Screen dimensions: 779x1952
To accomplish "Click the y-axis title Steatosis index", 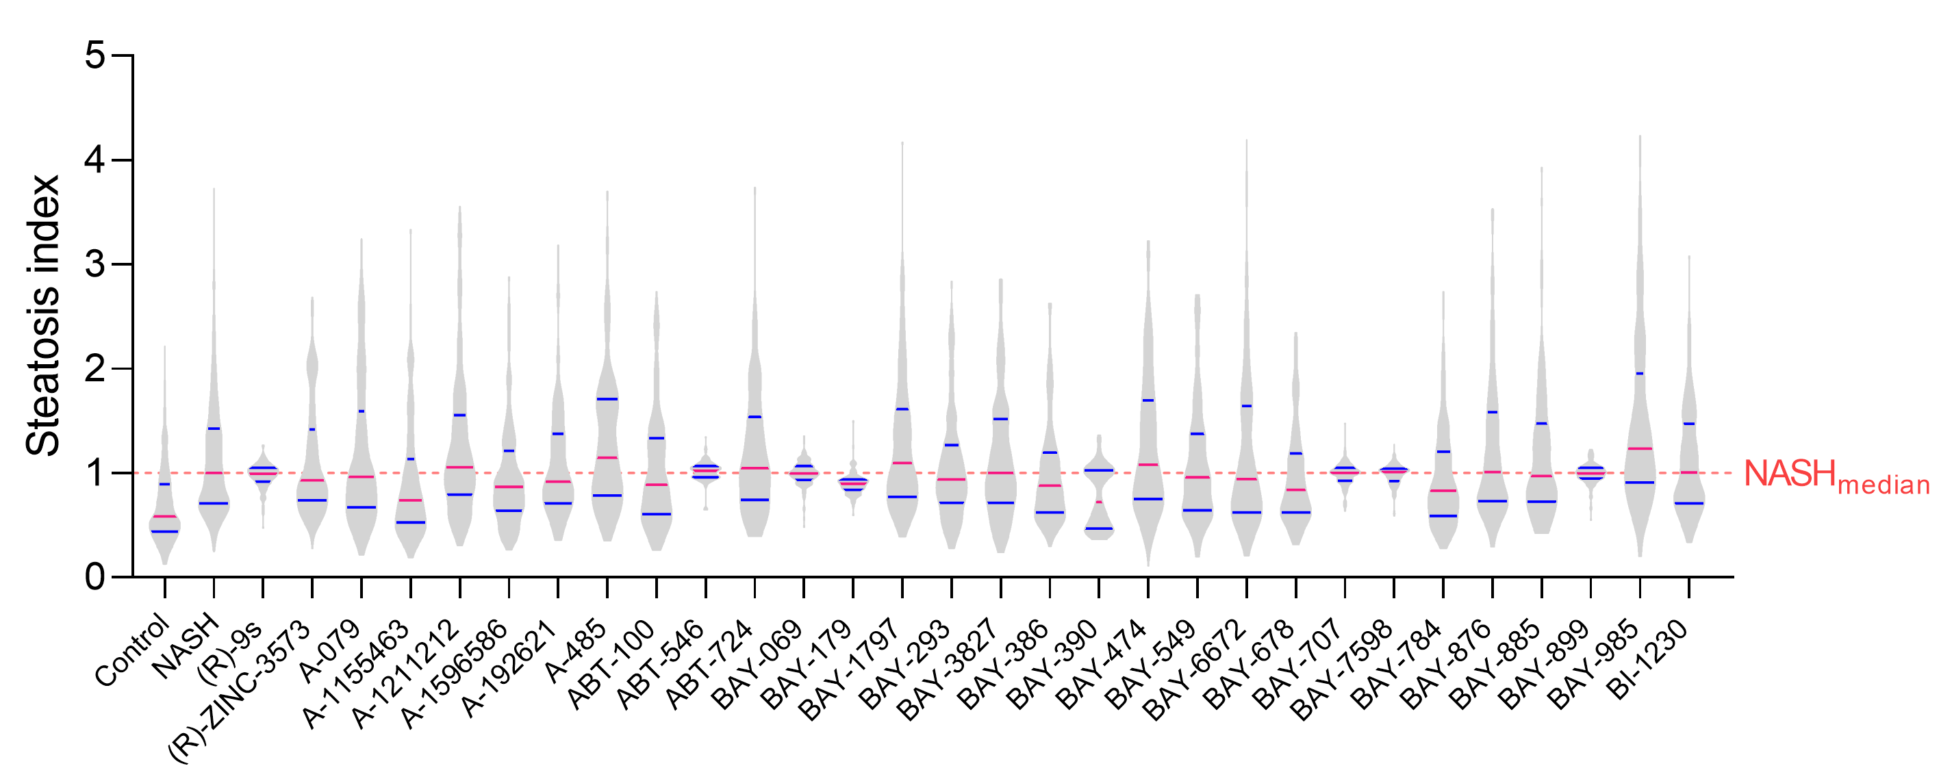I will coord(42,316).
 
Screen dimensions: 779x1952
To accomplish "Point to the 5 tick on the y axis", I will coord(95,56).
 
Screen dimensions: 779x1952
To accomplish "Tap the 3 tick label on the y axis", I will coord(95,264).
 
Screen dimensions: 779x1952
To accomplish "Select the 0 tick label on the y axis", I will coord(95,578).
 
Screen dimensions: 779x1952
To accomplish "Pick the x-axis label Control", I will coord(132,652).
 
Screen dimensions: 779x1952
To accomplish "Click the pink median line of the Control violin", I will coord(164,517).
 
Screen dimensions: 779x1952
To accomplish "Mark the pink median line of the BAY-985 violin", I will coord(1640,449).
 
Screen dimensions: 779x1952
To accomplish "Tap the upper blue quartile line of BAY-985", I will coord(1640,374).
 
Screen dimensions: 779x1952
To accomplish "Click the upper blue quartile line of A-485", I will coord(607,399).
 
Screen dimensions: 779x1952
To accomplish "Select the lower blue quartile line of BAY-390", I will coord(1099,528).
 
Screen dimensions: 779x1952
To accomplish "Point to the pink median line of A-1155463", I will coord(410,500).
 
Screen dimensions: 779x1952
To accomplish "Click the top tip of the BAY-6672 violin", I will coord(1247,141).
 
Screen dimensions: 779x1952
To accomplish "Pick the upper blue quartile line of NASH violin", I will coord(214,429).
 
